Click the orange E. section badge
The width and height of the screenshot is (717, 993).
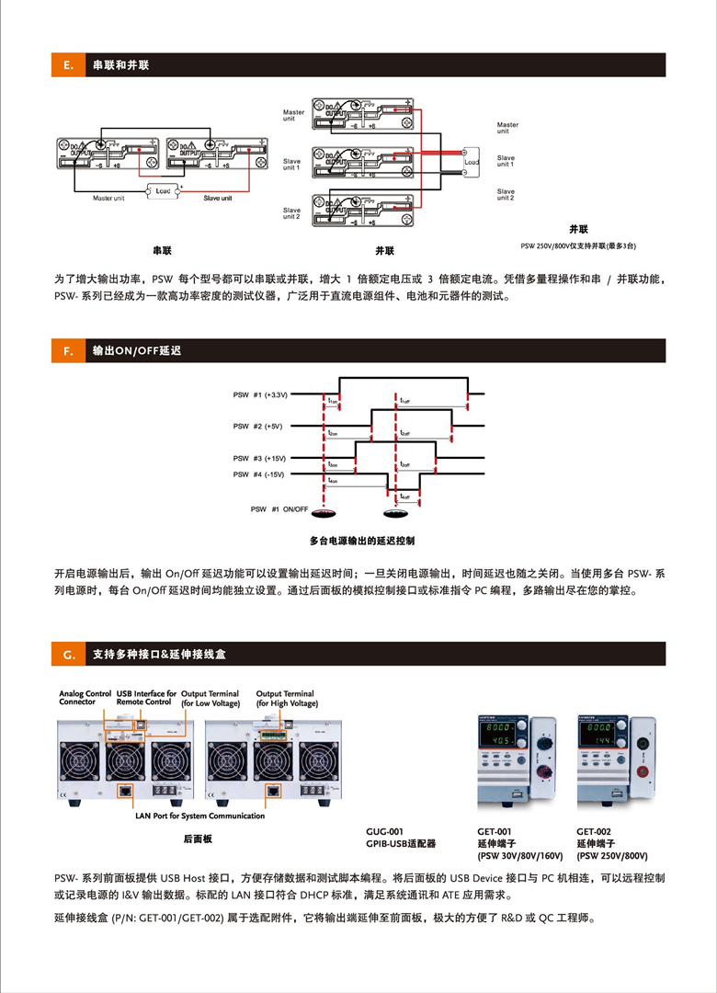click(68, 65)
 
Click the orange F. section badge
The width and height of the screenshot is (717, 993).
click(68, 350)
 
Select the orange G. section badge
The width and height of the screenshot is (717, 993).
click(68, 655)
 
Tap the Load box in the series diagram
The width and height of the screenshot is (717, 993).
click(162, 190)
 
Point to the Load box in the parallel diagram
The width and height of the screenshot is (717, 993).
click(471, 162)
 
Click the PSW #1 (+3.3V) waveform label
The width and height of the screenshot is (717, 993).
click(260, 394)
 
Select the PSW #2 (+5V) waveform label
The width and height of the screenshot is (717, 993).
click(257, 427)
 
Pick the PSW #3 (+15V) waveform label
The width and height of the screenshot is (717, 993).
click(259, 458)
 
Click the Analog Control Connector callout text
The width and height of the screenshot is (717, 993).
click(85, 698)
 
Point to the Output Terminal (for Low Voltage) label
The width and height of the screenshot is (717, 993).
click(210, 698)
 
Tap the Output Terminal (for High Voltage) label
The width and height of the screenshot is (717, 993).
click(286, 698)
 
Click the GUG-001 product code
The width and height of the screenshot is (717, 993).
click(384, 831)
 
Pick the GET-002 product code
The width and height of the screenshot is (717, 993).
click(594, 831)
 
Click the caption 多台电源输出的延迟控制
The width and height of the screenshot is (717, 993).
click(362, 540)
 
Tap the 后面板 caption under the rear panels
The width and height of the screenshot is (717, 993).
click(198, 839)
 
